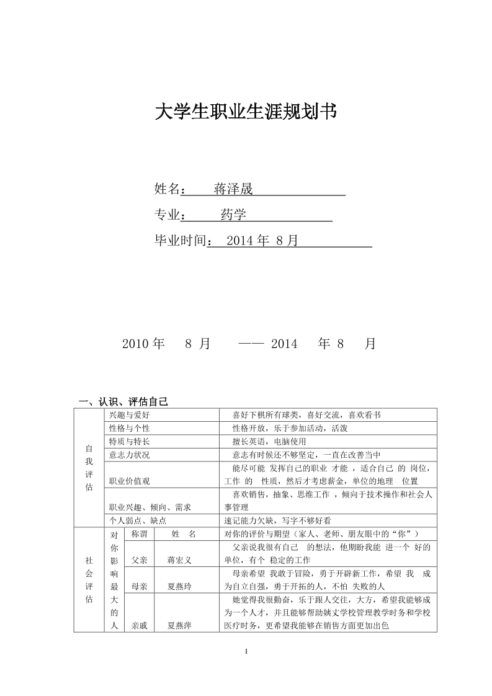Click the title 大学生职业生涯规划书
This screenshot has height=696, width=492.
245,112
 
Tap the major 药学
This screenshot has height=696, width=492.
233,215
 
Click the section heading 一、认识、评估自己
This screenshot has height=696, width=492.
120,401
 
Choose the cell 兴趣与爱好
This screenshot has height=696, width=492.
129,414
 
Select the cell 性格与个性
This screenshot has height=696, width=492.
129,428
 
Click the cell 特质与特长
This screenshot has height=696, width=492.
129,442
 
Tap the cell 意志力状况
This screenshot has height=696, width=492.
129,455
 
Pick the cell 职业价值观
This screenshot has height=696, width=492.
129,481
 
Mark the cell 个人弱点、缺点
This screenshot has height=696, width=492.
138,521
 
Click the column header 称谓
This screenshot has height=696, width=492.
140,534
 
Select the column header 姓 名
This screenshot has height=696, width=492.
184,534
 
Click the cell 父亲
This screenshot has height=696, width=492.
140,560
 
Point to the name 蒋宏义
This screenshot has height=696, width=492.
180,560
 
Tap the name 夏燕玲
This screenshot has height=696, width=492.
180,586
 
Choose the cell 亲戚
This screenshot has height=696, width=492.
140,626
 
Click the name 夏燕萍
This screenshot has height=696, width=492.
180,626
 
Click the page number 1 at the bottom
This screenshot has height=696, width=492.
246,651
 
